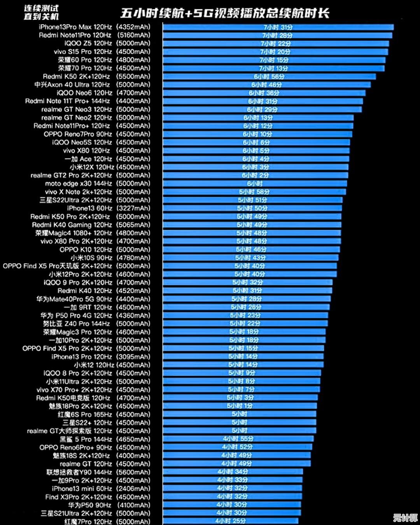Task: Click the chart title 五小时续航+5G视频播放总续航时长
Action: (x=225, y=13)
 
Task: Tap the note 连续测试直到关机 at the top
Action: (x=41, y=12)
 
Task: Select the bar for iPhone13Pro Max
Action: (x=278, y=27)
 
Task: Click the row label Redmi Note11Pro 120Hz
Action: (x=75, y=35)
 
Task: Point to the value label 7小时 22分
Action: (x=275, y=44)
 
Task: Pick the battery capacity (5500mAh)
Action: (x=133, y=77)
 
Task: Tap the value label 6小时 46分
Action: (x=266, y=85)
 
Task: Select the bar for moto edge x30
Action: (x=255, y=184)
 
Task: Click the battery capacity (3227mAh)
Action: (x=133, y=208)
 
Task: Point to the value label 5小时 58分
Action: (x=254, y=192)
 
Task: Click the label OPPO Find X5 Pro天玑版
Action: (x=57, y=266)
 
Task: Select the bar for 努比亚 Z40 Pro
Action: (x=245, y=324)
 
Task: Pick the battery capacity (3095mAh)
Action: (x=133, y=357)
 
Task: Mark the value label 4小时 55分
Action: (x=238, y=439)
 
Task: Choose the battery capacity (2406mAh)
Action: (x=133, y=488)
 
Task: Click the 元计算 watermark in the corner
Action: (x=405, y=518)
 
